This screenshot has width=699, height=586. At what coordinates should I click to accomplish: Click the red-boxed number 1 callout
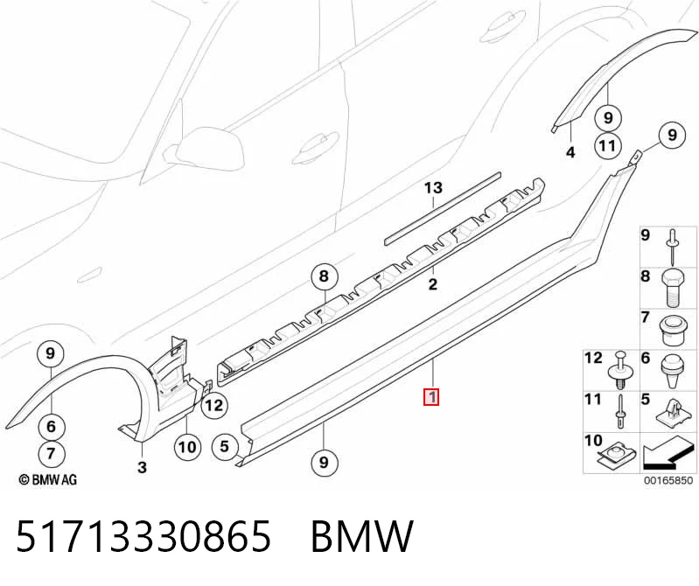tap(431, 397)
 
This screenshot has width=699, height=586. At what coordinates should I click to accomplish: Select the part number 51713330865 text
tap(143, 536)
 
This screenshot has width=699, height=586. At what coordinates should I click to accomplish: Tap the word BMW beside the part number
tap(361, 536)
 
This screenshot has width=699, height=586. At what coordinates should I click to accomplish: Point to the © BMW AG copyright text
tap(48, 480)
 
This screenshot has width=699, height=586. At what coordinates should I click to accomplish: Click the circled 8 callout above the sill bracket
tap(324, 276)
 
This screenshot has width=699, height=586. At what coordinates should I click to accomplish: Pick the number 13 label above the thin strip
tap(433, 188)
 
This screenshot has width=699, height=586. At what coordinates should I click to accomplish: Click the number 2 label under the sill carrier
tap(432, 284)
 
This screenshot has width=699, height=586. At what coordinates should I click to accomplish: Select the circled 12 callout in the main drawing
tap(214, 406)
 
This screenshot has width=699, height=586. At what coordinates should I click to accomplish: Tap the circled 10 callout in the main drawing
tap(187, 447)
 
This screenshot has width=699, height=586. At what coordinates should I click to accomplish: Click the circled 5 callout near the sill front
tap(224, 446)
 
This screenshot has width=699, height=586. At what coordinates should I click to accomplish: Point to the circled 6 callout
tap(51, 427)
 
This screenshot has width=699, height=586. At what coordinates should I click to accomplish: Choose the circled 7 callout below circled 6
tap(51, 454)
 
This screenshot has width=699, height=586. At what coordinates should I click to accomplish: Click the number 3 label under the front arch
tap(142, 467)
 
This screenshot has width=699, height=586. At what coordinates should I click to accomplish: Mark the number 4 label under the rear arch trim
tap(570, 152)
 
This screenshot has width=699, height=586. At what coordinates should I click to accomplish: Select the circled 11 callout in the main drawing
tap(608, 146)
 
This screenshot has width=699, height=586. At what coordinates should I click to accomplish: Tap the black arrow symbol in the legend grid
tap(668, 453)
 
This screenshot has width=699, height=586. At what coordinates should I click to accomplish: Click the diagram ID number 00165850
tap(668, 480)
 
